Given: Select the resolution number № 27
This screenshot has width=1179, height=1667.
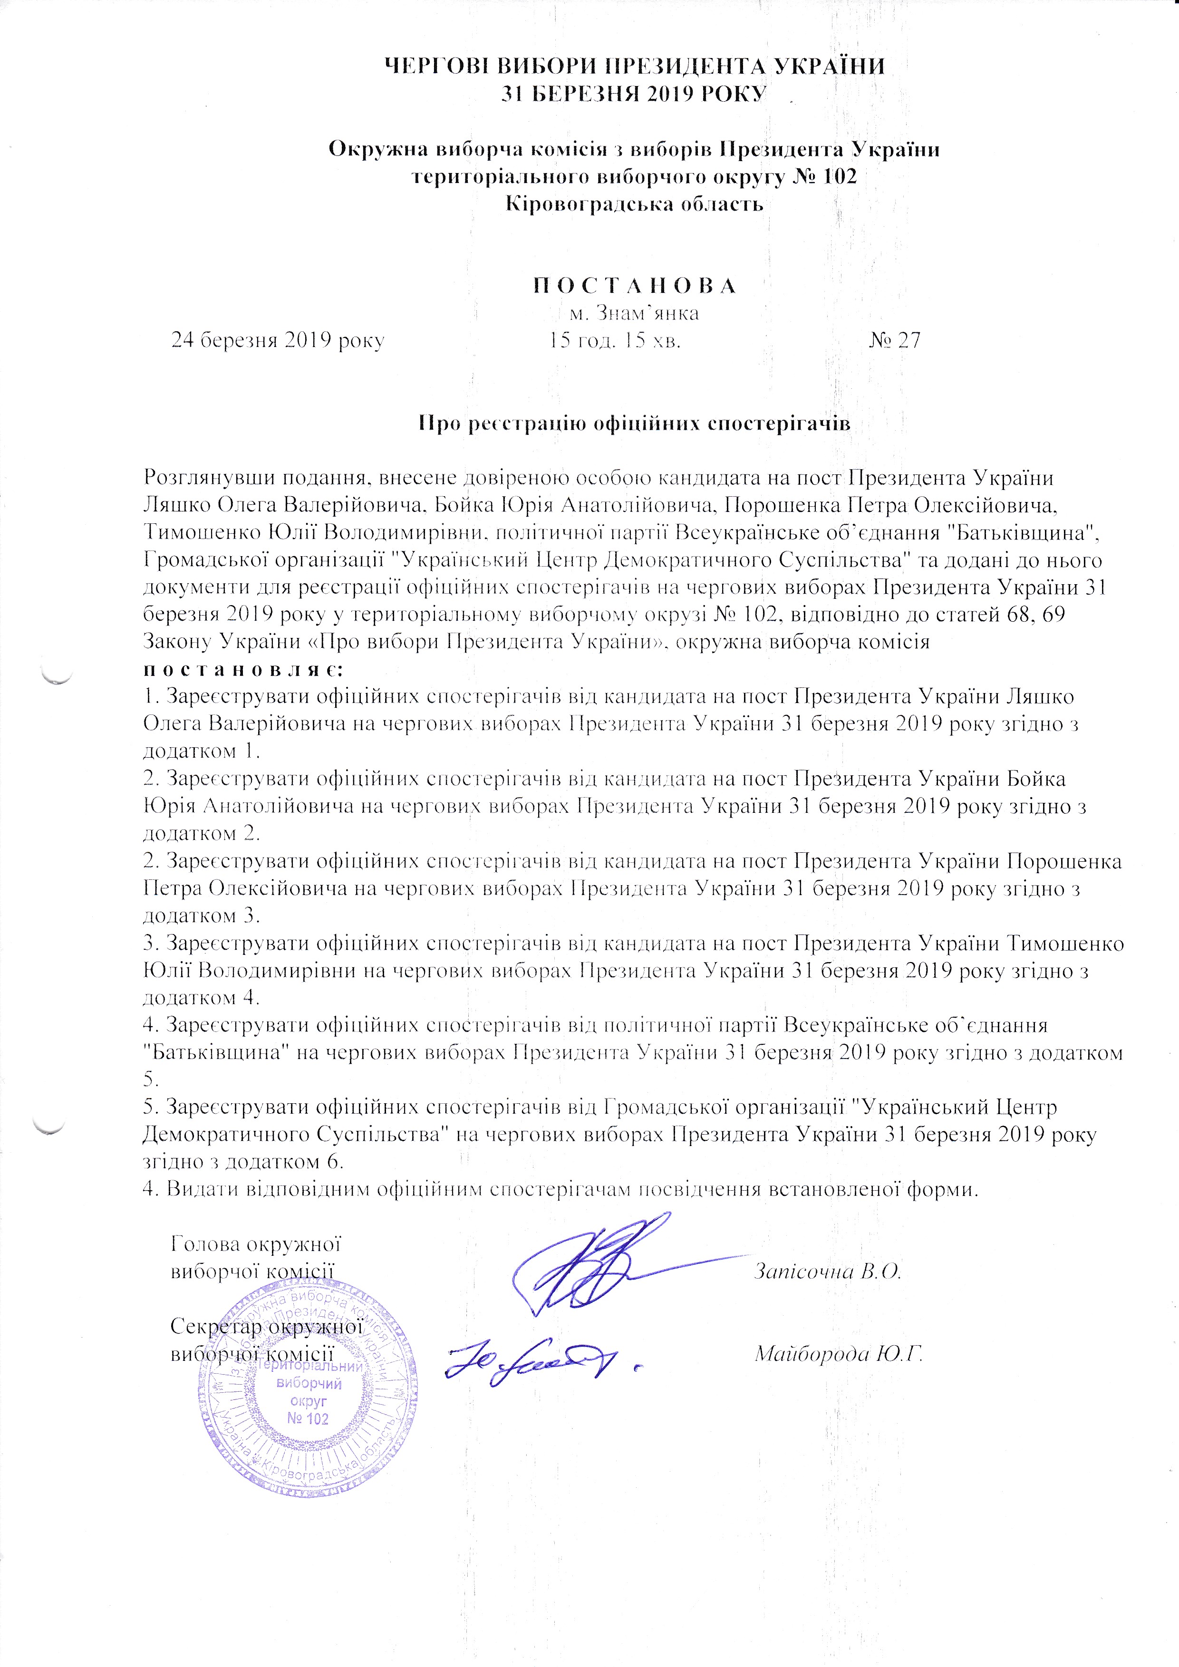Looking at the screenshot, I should (894, 340).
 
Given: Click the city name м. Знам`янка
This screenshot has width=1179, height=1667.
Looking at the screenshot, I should (634, 314).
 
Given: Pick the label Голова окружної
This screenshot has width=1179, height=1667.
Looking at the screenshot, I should (256, 1244).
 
